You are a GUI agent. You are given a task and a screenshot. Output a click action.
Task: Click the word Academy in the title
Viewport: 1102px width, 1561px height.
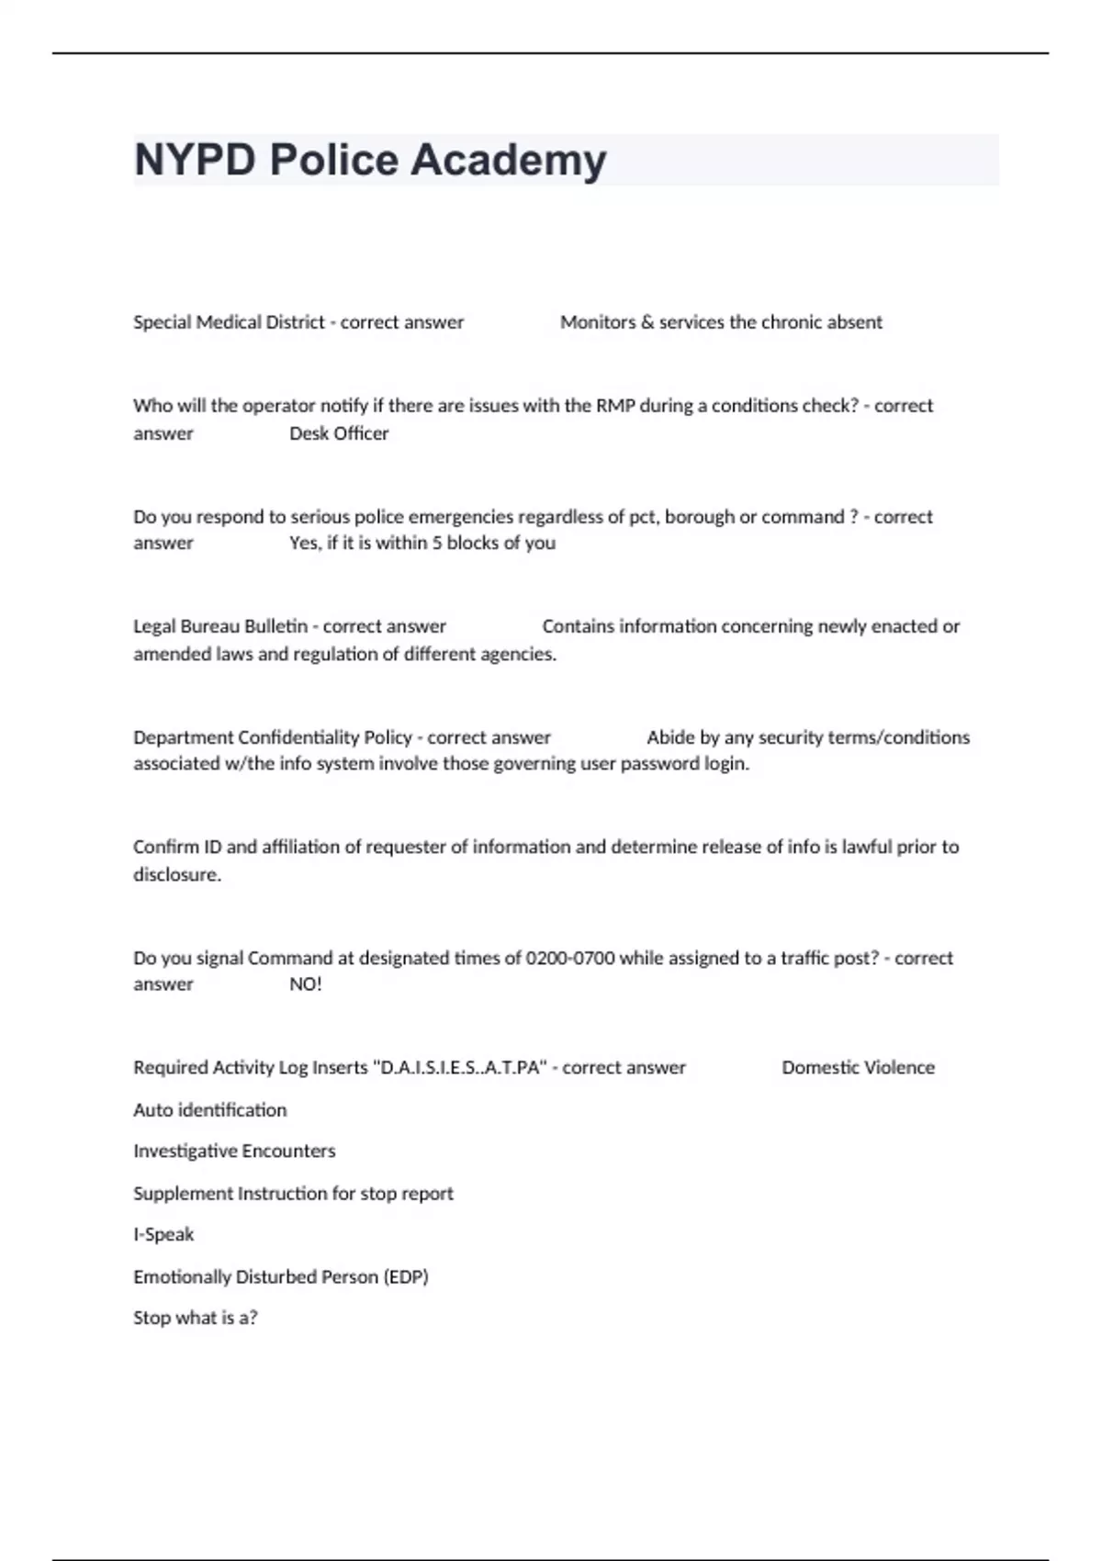coord(508,160)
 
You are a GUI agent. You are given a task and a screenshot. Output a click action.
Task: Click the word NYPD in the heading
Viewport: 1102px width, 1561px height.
coord(195,160)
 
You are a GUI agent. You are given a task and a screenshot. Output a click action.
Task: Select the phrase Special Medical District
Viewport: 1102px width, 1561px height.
coord(229,322)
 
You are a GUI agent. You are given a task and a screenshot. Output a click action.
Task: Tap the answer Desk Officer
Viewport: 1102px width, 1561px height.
coord(339,433)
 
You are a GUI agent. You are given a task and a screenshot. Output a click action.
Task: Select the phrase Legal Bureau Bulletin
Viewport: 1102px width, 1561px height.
coord(220,626)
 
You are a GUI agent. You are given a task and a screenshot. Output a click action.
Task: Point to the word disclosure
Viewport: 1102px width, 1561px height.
coord(177,874)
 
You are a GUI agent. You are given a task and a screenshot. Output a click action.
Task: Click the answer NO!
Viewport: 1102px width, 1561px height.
coord(306,984)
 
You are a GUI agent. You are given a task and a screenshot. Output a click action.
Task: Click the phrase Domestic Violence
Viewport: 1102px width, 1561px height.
coord(858,1068)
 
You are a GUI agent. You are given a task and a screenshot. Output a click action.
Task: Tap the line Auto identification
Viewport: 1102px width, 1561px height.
coord(209,1110)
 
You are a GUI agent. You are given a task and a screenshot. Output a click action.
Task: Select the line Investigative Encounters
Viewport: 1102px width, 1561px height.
coord(234,1151)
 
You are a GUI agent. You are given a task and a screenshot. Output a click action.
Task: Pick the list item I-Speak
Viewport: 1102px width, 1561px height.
coord(163,1234)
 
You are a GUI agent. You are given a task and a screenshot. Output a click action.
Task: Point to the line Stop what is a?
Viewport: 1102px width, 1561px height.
coord(195,1318)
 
